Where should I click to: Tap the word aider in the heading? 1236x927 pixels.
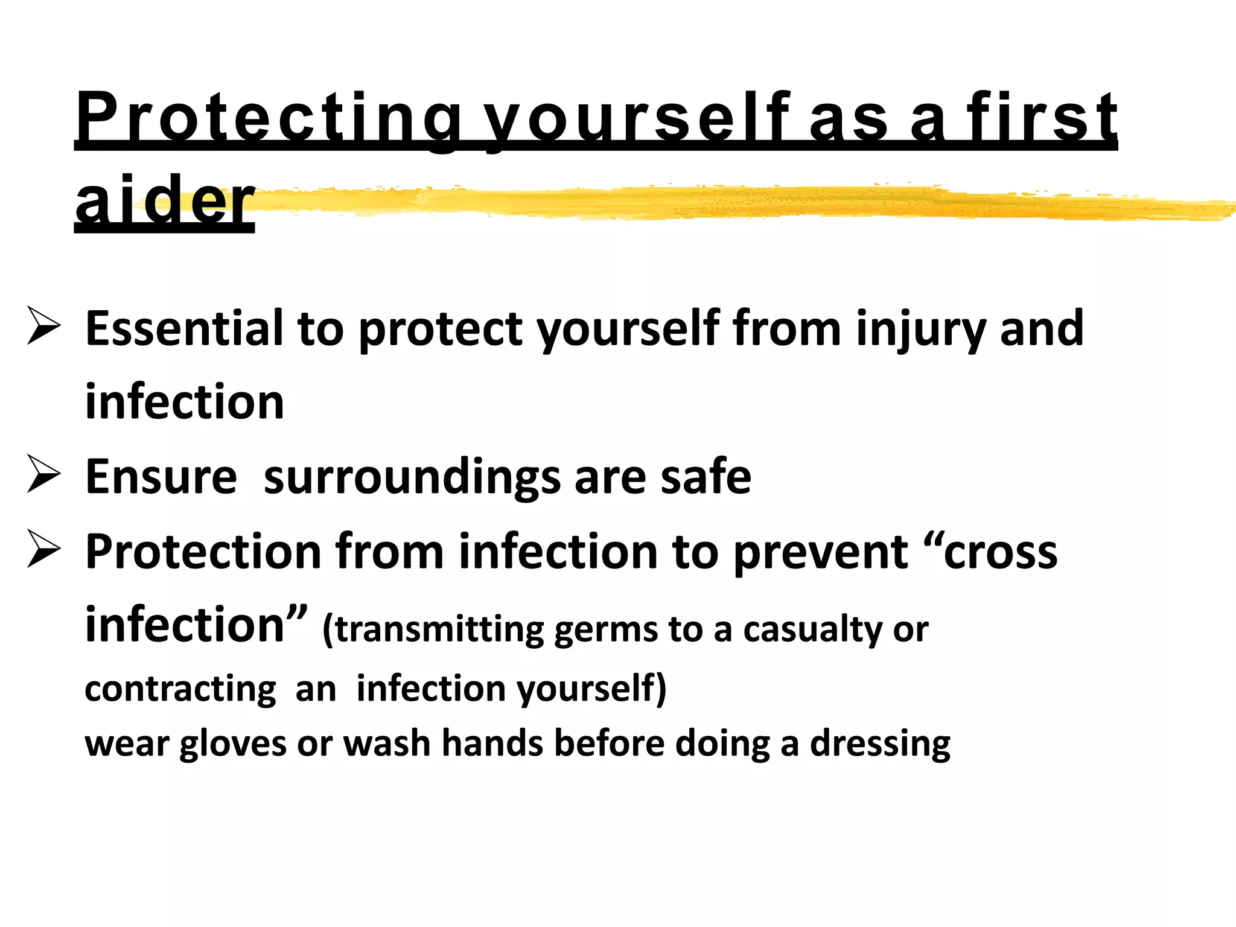point(165,201)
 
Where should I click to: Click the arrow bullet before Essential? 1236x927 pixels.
point(43,326)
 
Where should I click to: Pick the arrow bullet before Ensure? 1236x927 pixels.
point(43,474)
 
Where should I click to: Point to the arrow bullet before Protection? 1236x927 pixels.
point(43,550)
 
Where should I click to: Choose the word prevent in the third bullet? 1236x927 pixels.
point(821,552)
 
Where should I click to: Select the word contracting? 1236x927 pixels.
point(180,689)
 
